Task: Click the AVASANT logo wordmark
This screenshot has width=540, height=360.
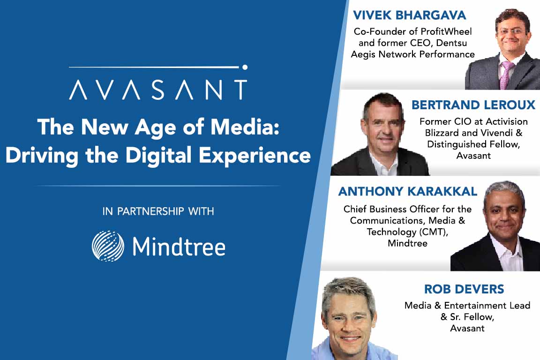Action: (158, 89)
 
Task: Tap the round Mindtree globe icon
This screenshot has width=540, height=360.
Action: (108, 246)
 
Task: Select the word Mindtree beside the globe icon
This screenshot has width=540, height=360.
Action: (179, 247)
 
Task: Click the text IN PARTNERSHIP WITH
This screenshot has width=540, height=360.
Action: (158, 211)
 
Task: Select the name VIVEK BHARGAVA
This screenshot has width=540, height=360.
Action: (409, 15)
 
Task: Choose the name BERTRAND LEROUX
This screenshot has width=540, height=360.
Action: (473, 105)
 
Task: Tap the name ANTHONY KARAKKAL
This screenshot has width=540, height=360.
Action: (407, 191)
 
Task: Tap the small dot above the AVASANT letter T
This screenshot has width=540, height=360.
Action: (245, 67)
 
